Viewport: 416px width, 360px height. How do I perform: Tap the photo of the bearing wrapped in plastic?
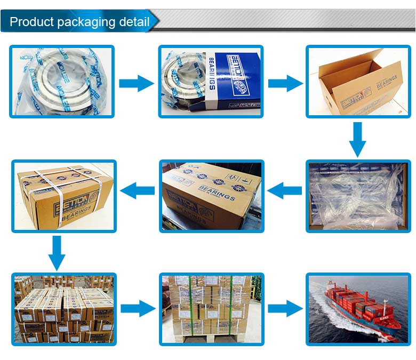pos(62,81)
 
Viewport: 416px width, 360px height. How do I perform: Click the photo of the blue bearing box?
pos(211,81)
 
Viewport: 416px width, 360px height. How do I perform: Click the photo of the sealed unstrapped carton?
pos(212,196)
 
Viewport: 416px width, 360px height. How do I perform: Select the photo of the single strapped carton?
pos(64,196)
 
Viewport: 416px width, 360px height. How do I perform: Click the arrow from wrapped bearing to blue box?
pos(136,83)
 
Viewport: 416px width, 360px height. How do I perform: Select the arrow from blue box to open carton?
pos(285,83)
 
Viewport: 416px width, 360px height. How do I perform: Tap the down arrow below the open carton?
pos(358,139)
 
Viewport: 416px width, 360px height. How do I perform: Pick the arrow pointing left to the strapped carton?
pos(137,189)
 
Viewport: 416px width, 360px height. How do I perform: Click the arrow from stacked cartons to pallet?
pos(138,308)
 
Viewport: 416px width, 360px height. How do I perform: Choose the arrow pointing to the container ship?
pos(285,308)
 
